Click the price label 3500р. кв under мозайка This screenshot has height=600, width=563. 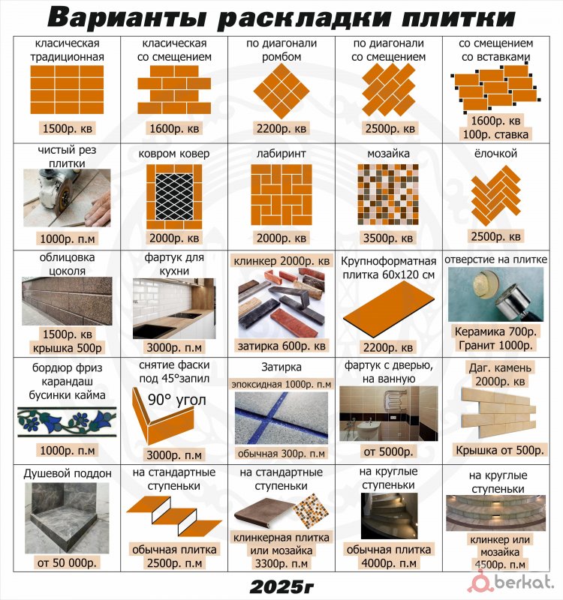tap(388, 238)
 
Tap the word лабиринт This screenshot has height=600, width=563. tap(281, 154)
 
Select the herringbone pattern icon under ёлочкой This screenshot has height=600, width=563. tap(495, 196)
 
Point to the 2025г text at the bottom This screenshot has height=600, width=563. tap(281, 586)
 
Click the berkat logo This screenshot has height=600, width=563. tap(513, 582)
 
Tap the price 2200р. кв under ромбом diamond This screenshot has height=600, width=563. tap(281, 128)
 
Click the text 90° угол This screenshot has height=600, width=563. tap(176, 400)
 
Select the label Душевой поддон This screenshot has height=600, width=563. tap(68, 473)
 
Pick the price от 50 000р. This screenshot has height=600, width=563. tap(67, 563)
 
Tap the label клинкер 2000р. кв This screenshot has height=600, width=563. tap(281, 261)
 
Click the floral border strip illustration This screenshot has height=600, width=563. tap(67, 422)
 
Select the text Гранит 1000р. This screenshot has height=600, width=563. tap(495, 346)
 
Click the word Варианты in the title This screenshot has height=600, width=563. tap(127, 17)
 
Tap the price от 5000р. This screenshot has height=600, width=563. tap(388, 452)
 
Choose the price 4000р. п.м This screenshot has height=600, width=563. tap(388, 563)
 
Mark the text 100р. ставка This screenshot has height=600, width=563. tap(495, 135)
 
